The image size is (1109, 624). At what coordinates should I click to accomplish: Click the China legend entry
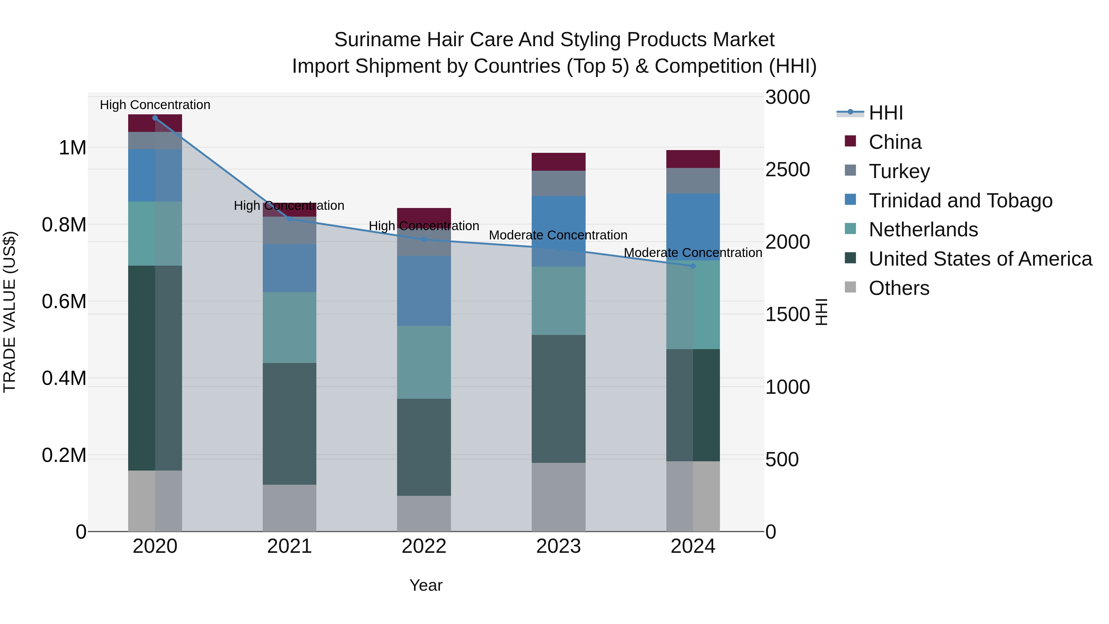tap(895, 142)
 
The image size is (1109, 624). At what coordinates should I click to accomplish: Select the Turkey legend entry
tap(899, 171)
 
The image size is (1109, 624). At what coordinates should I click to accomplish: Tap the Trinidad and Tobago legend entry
tap(960, 201)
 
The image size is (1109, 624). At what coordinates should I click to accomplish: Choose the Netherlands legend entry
tap(923, 230)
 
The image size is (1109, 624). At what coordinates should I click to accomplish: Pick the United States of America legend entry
tap(980, 259)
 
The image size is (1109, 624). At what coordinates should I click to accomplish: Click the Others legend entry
tap(899, 288)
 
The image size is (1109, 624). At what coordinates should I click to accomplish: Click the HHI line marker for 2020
tap(155, 118)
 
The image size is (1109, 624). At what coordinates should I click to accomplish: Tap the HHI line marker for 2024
tap(693, 266)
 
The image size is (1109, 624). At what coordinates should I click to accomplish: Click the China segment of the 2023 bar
tap(559, 162)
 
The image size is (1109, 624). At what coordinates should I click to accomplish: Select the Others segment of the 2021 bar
tap(289, 508)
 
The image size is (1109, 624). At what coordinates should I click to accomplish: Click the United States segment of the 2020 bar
tap(155, 368)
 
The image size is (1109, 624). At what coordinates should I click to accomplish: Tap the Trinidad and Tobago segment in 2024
tap(693, 227)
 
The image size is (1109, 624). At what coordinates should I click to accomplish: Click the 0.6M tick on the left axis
tap(64, 301)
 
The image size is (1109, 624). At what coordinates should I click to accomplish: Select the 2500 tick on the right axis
tap(787, 170)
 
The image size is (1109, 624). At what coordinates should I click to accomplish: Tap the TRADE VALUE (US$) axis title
tap(10, 312)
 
